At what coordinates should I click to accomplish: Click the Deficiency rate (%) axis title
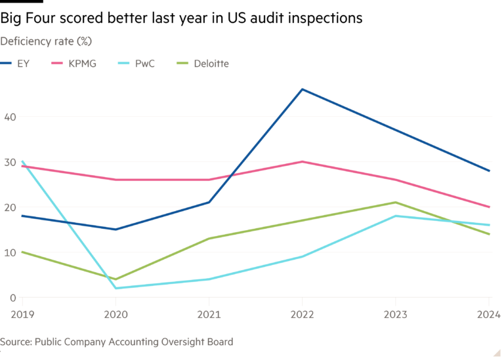point(45,41)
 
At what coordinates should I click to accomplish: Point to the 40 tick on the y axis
point(9,116)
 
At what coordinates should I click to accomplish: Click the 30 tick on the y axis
point(9,162)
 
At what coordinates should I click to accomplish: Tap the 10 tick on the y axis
point(9,252)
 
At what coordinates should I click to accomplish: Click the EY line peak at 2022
point(302,89)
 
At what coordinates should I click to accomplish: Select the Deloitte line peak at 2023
point(395,202)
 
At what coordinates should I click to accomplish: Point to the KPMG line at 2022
point(302,161)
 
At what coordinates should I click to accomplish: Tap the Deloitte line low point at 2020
point(115,279)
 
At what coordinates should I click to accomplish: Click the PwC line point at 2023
point(395,216)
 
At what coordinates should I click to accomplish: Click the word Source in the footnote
point(15,342)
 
